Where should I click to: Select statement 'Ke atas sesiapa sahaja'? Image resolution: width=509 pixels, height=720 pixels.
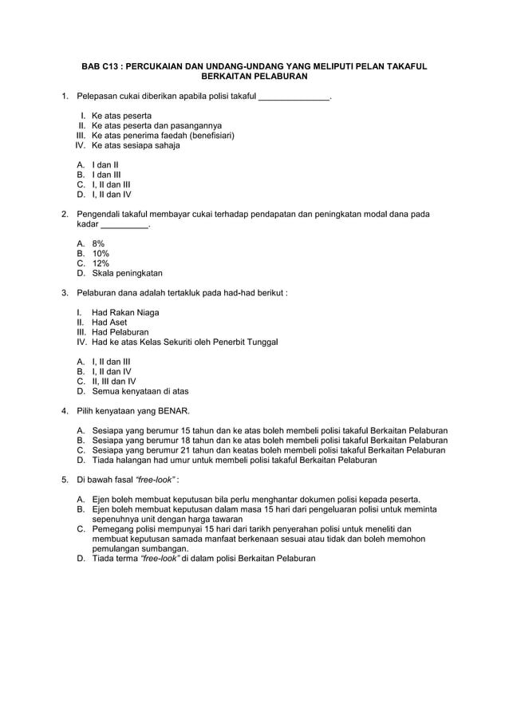tap(136, 145)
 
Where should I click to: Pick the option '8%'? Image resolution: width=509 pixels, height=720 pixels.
tap(98, 243)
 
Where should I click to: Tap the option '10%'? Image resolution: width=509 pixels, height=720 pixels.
tap(101, 253)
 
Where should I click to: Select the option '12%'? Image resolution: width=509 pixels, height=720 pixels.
tap(101, 263)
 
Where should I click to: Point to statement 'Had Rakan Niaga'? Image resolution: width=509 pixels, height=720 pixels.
tap(125, 312)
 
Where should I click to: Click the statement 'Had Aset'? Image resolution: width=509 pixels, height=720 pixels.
tap(109, 322)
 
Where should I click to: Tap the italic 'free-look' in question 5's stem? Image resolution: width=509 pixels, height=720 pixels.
tap(156, 480)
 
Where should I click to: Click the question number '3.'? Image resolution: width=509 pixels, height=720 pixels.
tap(65, 293)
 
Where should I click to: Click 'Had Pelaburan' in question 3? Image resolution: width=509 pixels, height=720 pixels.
tap(120, 332)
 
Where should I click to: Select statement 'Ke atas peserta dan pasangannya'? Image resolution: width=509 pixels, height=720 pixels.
tap(156, 125)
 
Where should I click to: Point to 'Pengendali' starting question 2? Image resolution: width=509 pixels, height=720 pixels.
tap(99, 214)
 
